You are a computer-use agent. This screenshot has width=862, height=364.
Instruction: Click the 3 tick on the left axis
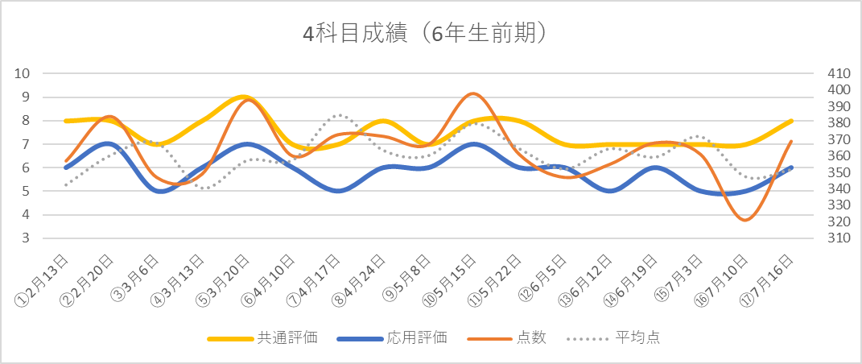point(26,238)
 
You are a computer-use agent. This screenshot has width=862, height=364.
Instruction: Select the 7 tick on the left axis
point(26,144)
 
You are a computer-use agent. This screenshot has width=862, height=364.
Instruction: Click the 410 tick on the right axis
point(838,73)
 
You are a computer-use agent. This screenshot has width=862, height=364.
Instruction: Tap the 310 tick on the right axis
point(838,238)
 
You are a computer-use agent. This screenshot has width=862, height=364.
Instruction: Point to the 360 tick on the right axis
point(838,156)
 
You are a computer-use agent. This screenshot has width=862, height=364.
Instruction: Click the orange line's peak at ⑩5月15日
point(473,93)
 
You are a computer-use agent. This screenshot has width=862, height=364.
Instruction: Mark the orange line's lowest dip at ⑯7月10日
point(745,220)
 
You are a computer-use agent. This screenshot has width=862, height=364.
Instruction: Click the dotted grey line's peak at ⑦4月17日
point(339,115)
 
